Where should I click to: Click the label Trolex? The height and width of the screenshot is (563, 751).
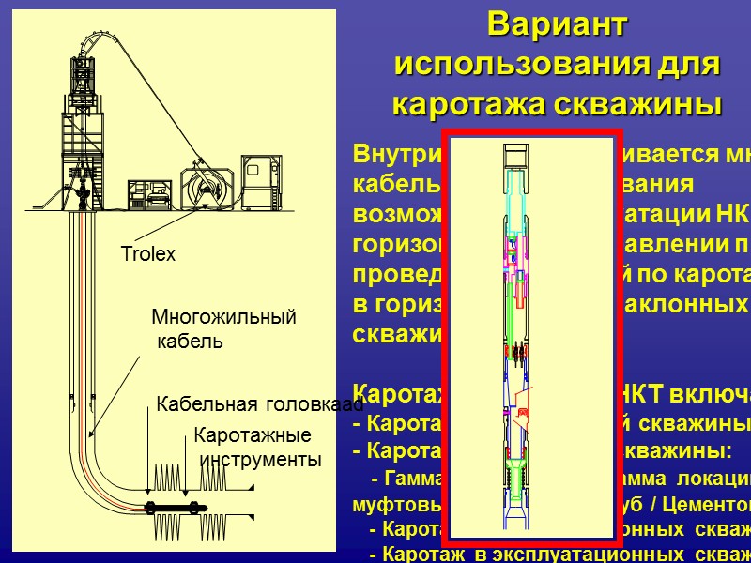(148, 254)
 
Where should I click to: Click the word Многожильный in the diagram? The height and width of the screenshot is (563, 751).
(223, 318)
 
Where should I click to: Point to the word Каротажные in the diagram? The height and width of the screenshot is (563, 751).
(252, 436)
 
